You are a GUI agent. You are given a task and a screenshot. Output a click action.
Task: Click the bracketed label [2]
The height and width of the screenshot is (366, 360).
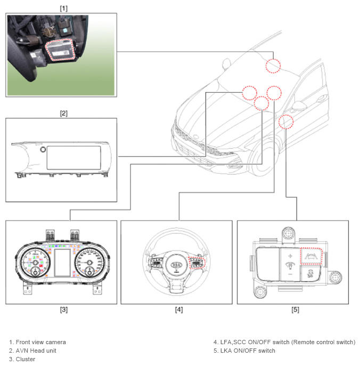pyautogui.click(x=63, y=113)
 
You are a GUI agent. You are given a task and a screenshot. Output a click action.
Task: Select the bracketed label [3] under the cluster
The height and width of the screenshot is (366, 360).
pyautogui.click(x=63, y=310)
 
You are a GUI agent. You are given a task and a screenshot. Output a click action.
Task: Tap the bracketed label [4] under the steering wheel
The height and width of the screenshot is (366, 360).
pyautogui.click(x=179, y=310)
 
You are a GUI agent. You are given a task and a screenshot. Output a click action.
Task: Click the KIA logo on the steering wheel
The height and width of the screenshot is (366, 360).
pyautogui.click(x=177, y=265)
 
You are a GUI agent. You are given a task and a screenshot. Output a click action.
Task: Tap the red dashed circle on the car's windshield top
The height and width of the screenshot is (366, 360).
pyautogui.click(x=273, y=65)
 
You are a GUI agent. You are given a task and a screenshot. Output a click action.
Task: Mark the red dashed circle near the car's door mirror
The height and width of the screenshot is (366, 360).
pyautogui.click(x=286, y=122)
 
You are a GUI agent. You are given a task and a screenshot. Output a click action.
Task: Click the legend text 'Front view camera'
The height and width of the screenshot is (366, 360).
pyautogui.click(x=40, y=342)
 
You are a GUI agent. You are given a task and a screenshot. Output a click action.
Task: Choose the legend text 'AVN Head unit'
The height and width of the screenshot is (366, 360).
pyautogui.click(x=36, y=351)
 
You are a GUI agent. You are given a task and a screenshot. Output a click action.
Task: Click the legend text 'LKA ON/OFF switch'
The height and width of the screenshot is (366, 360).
pyautogui.click(x=247, y=351)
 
